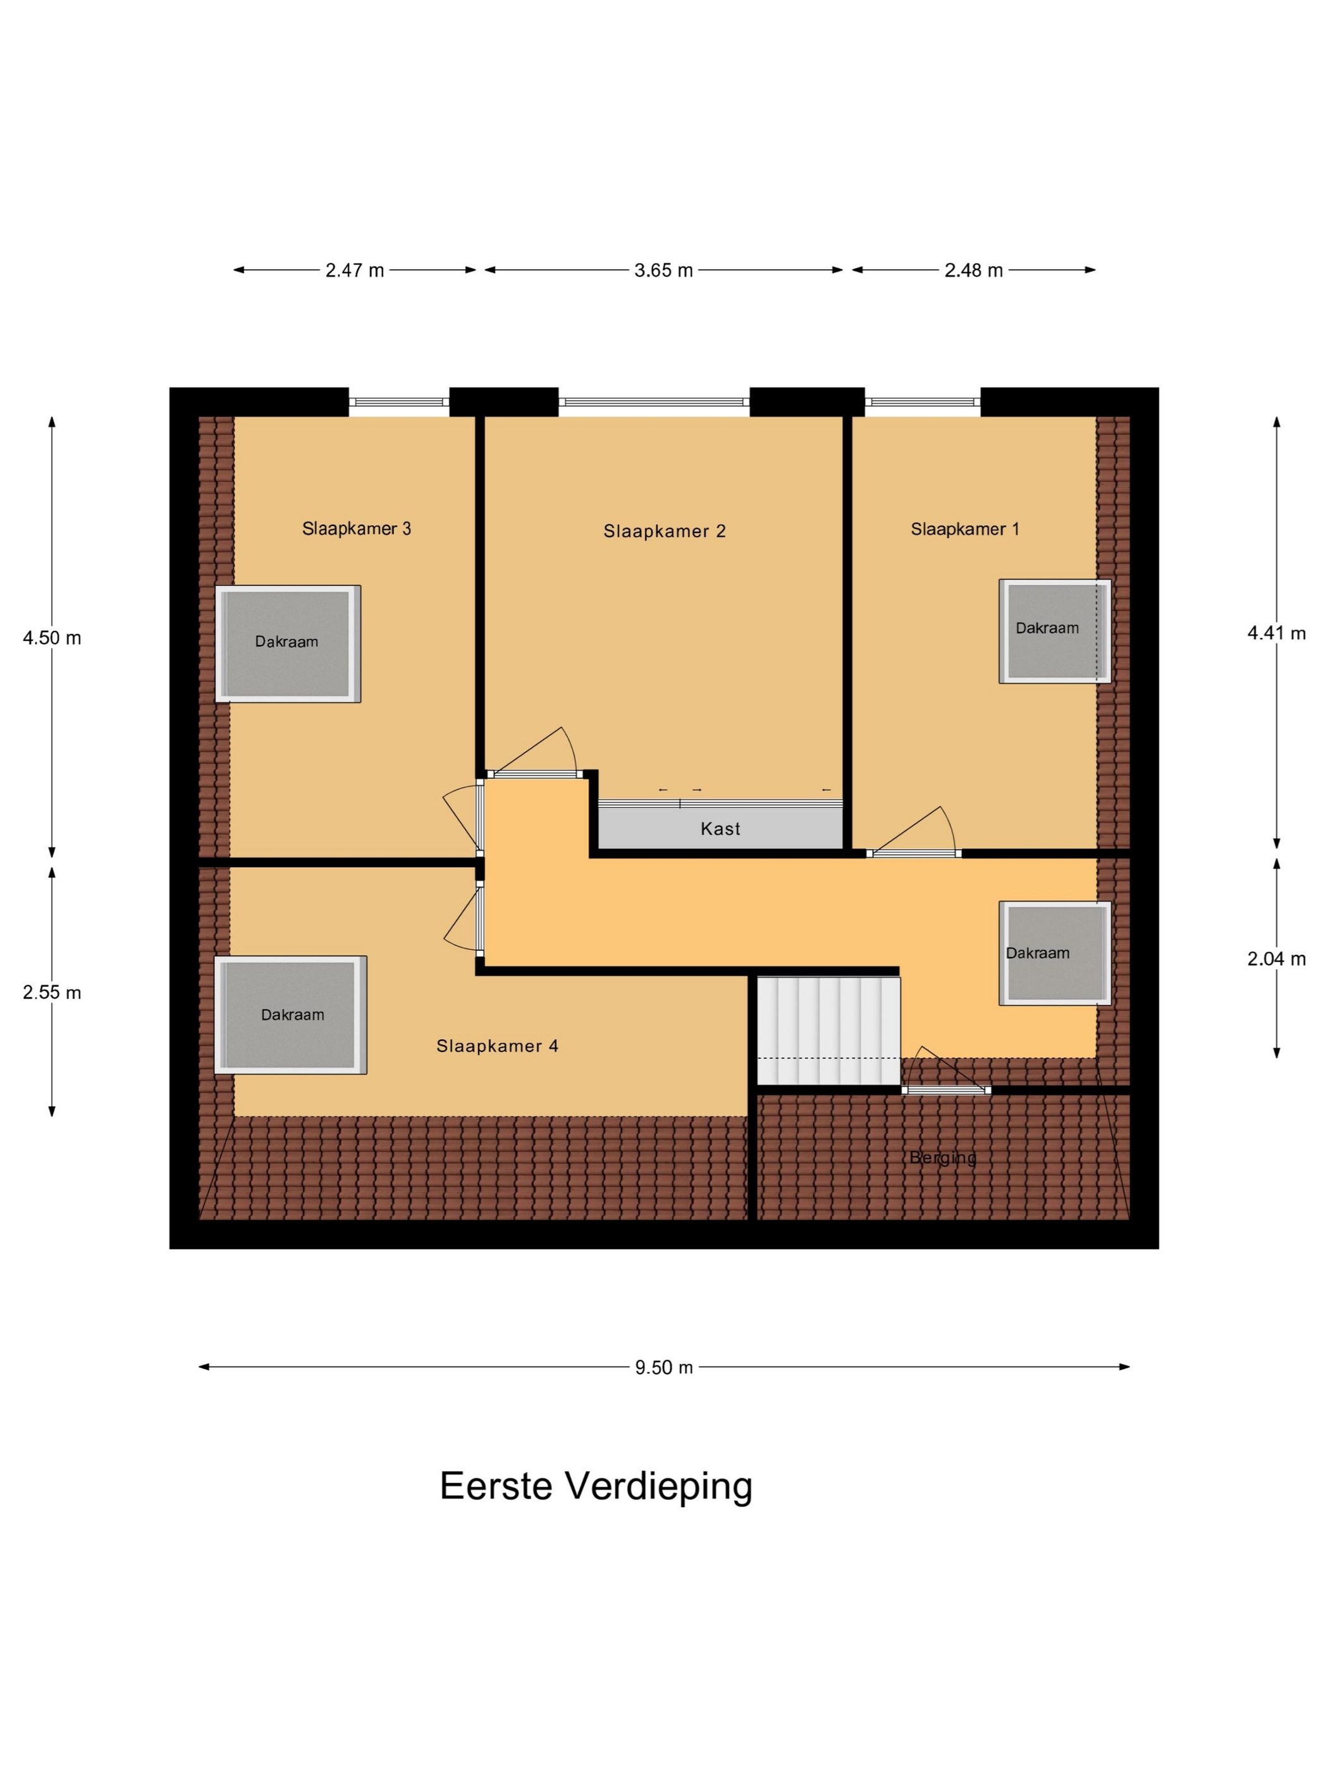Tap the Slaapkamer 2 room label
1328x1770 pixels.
click(x=665, y=532)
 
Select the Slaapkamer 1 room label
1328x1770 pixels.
click(x=964, y=529)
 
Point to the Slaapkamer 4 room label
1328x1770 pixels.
click(x=497, y=1046)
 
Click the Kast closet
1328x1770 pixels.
click(x=720, y=828)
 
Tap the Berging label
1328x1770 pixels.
click(x=943, y=1157)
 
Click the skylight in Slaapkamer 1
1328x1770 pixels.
click(x=1055, y=630)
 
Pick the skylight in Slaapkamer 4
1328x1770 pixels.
click(x=290, y=1015)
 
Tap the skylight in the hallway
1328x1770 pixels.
click(x=1055, y=953)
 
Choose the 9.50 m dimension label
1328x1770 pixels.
click(x=663, y=1367)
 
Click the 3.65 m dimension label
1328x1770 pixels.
click(x=663, y=271)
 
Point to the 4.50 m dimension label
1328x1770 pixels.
click(x=52, y=638)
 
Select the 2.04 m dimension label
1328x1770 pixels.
click(x=1276, y=958)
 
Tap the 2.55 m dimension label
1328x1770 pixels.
click(x=52, y=992)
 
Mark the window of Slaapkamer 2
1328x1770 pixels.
click(x=654, y=401)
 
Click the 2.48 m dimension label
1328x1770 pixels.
click(x=973, y=271)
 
